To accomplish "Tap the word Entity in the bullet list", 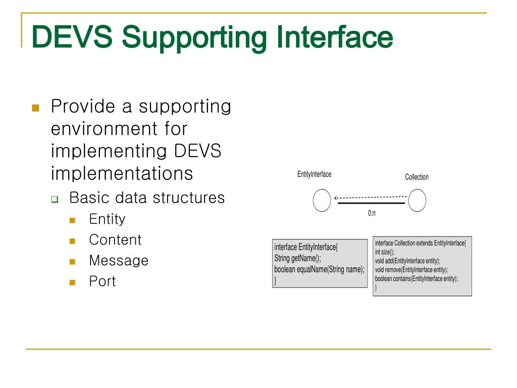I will (107, 219).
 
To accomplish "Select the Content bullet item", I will (115, 239).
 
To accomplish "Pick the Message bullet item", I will (119, 260).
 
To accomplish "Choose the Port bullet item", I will (102, 281).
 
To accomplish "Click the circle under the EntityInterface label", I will (322, 201).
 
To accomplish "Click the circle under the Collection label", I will (417, 201).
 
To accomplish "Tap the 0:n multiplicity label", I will (372, 213).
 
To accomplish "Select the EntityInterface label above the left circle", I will (314, 174).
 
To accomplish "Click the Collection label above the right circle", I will (417, 177).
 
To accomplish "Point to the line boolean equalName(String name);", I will (319, 269).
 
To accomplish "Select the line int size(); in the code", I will (385, 252).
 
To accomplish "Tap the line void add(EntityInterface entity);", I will (407, 261).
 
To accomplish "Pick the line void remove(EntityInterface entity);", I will (411, 270).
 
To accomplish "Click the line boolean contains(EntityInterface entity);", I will (417, 278).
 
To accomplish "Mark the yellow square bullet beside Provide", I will (35, 108).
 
